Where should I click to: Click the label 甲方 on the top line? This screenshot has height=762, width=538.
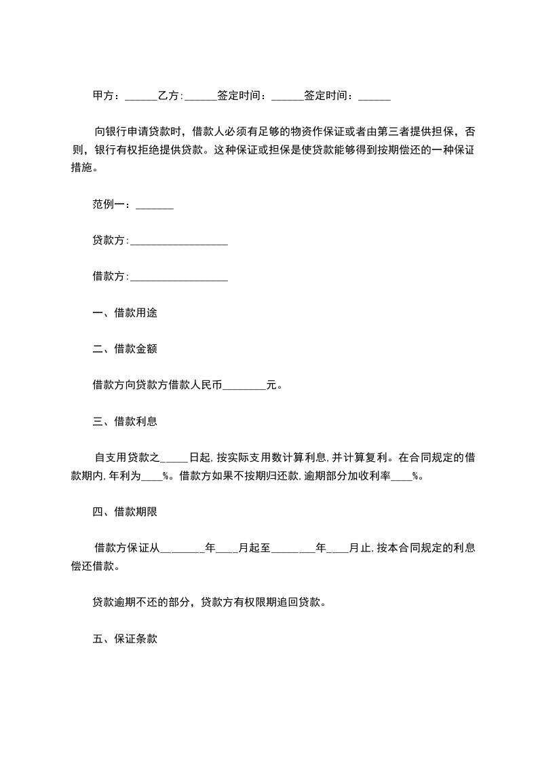click(103, 96)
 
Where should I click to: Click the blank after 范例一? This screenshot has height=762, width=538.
click(155, 205)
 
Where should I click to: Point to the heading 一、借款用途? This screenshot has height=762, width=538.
click(125, 313)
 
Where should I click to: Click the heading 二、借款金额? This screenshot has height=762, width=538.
click(125, 349)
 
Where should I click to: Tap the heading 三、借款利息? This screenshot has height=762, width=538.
click(125, 421)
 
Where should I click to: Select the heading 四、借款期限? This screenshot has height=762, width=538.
click(125, 511)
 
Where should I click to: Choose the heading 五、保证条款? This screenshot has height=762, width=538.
click(125, 639)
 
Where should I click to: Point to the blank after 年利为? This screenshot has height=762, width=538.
click(152, 477)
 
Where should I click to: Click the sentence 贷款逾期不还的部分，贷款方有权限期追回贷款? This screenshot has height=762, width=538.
click(210, 602)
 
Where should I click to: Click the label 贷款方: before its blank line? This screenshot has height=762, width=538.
click(110, 240)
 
